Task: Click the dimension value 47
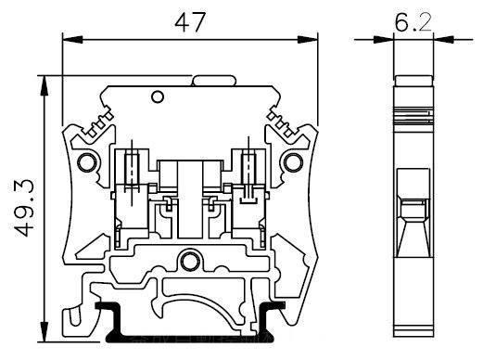point(190,22)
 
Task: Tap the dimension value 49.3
point(24,208)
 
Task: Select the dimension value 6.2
point(413,22)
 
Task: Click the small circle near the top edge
point(158,96)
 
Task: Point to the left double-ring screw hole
point(87,162)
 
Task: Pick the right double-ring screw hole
point(294,162)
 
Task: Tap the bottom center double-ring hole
point(190,262)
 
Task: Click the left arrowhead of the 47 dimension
point(72,40)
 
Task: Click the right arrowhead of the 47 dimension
point(308,40)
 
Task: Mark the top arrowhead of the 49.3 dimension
point(44,85)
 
